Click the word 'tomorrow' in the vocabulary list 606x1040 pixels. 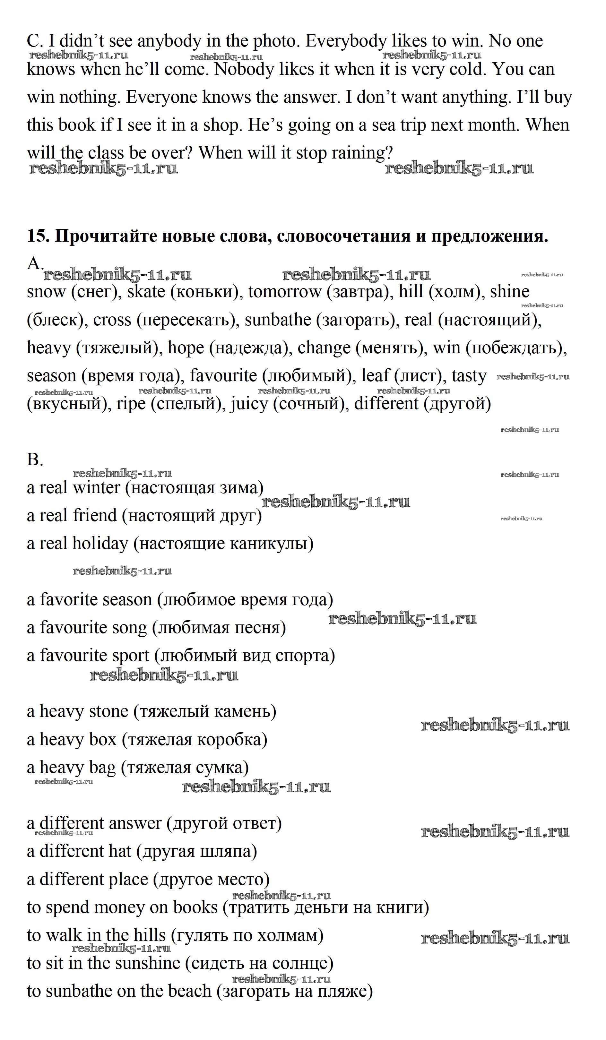pyautogui.click(x=284, y=291)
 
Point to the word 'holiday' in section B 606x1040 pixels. pyautogui.click(x=100, y=544)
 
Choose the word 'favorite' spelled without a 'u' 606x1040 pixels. pyautogui.click(x=68, y=600)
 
